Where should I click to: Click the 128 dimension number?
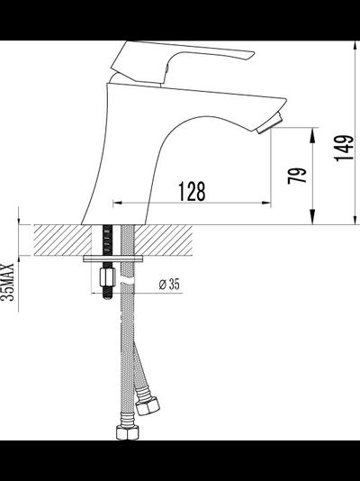(x=191, y=191)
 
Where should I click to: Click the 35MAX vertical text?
(x=9, y=281)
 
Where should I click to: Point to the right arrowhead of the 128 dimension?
(x=267, y=203)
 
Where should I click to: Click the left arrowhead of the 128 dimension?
(x=116, y=203)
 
